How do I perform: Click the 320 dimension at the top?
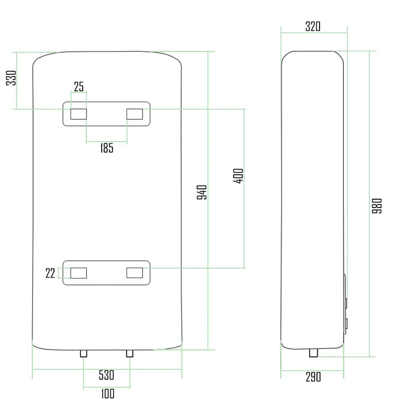pyautogui.click(x=313, y=26)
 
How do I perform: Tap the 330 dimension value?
pyautogui.click(x=11, y=78)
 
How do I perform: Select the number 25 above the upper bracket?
pyautogui.click(x=79, y=87)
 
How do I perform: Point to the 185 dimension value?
pyautogui.click(x=107, y=148)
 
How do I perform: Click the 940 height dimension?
pyautogui.click(x=202, y=192)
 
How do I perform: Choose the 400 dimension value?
pyautogui.click(x=238, y=176)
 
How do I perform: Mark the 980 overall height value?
pyautogui.click(x=377, y=206)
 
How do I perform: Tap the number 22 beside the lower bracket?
pyautogui.click(x=50, y=273)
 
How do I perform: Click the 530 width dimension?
pyautogui.click(x=106, y=375)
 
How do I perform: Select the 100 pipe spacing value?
pyautogui.click(x=108, y=394)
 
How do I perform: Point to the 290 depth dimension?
pyautogui.click(x=313, y=377)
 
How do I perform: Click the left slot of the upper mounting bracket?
pyautogui.click(x=79, y=114)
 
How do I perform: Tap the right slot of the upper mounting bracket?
pyautogui.click(x=135, y=114)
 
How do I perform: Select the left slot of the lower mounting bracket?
pyautogui.click(x=79, y=273)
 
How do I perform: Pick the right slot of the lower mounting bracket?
pyautogui.click(x=135, y=273)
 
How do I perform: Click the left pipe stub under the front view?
pyautogui.click(x=84, y=353)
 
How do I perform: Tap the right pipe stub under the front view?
pyautogui.click(x=130, y=353)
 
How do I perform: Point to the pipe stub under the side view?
pyautogui.click(x=314, y=353)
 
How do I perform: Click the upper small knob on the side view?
pyautogui.click(x=346, y=303)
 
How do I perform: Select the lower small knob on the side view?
pyautogui.click(x=346, y=323)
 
